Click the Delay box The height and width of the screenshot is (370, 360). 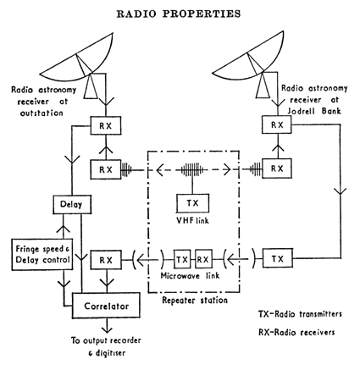66,205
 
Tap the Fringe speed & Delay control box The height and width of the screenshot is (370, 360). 33,256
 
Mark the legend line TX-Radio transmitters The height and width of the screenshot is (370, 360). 303,312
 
